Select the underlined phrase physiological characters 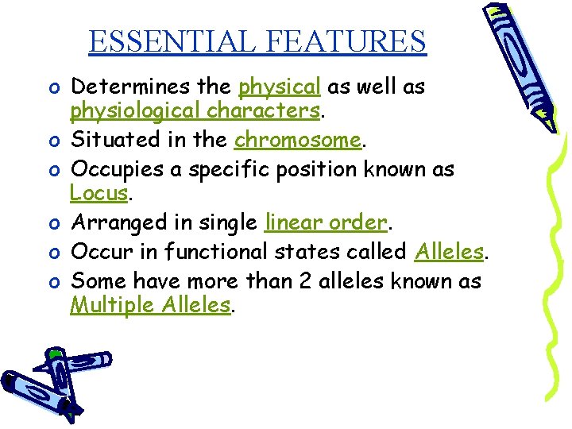pyautogui.click(x=195, y=111)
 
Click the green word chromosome pyautogui.click(x=297, y=140)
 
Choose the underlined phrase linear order pyautogui.click(x=325, y=223)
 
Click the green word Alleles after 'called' pyautogui.click(x=449, y=252)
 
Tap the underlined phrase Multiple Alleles pyautogui.click(x=150, y=306)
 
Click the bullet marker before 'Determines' pyautogui.click(x=52, y=86)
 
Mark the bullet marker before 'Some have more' pyautogui.click(x=52, y=280)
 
